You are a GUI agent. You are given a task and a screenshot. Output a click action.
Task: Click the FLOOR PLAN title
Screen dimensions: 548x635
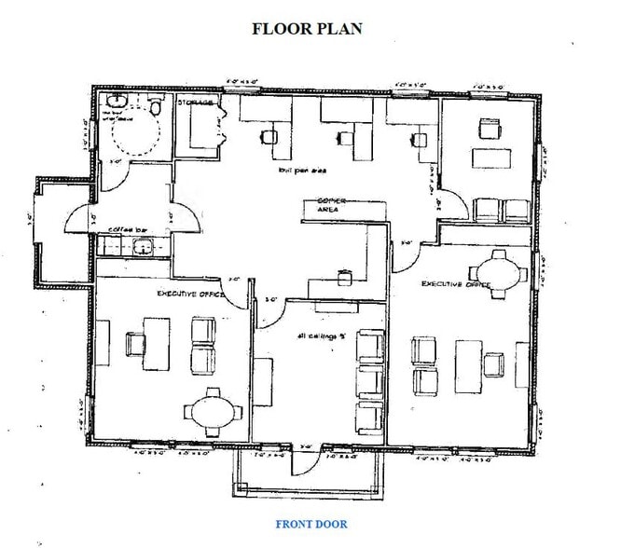pyautogui.click(x=307, y=28)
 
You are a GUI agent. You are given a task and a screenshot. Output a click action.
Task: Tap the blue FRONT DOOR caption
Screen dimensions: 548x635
pyautogui.click(x=311, y=524)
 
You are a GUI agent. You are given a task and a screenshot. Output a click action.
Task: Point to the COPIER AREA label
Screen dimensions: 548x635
pyautogui.click(x=331, y=206)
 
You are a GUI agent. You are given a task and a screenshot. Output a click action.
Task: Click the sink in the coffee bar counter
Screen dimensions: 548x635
pyautogui.click(x=143, y=247)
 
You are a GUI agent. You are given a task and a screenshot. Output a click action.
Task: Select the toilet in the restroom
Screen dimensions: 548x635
pyautogui.click(x=157, y=106)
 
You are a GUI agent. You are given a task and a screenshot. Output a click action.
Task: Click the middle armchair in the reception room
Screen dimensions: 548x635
pyautogui.click(x=369, y=380)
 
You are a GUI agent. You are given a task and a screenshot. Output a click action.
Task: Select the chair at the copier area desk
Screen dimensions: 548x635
pyautogui.click(x=344, y=277)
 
